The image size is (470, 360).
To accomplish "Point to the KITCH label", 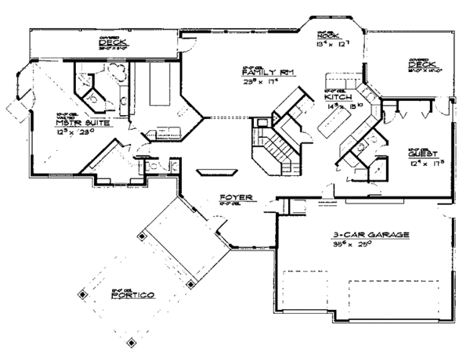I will pos(337,95).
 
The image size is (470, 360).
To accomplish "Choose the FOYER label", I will pos(236,198).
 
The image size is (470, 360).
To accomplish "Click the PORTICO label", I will pos(134,295).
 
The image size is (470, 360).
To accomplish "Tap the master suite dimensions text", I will pos(86,133).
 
